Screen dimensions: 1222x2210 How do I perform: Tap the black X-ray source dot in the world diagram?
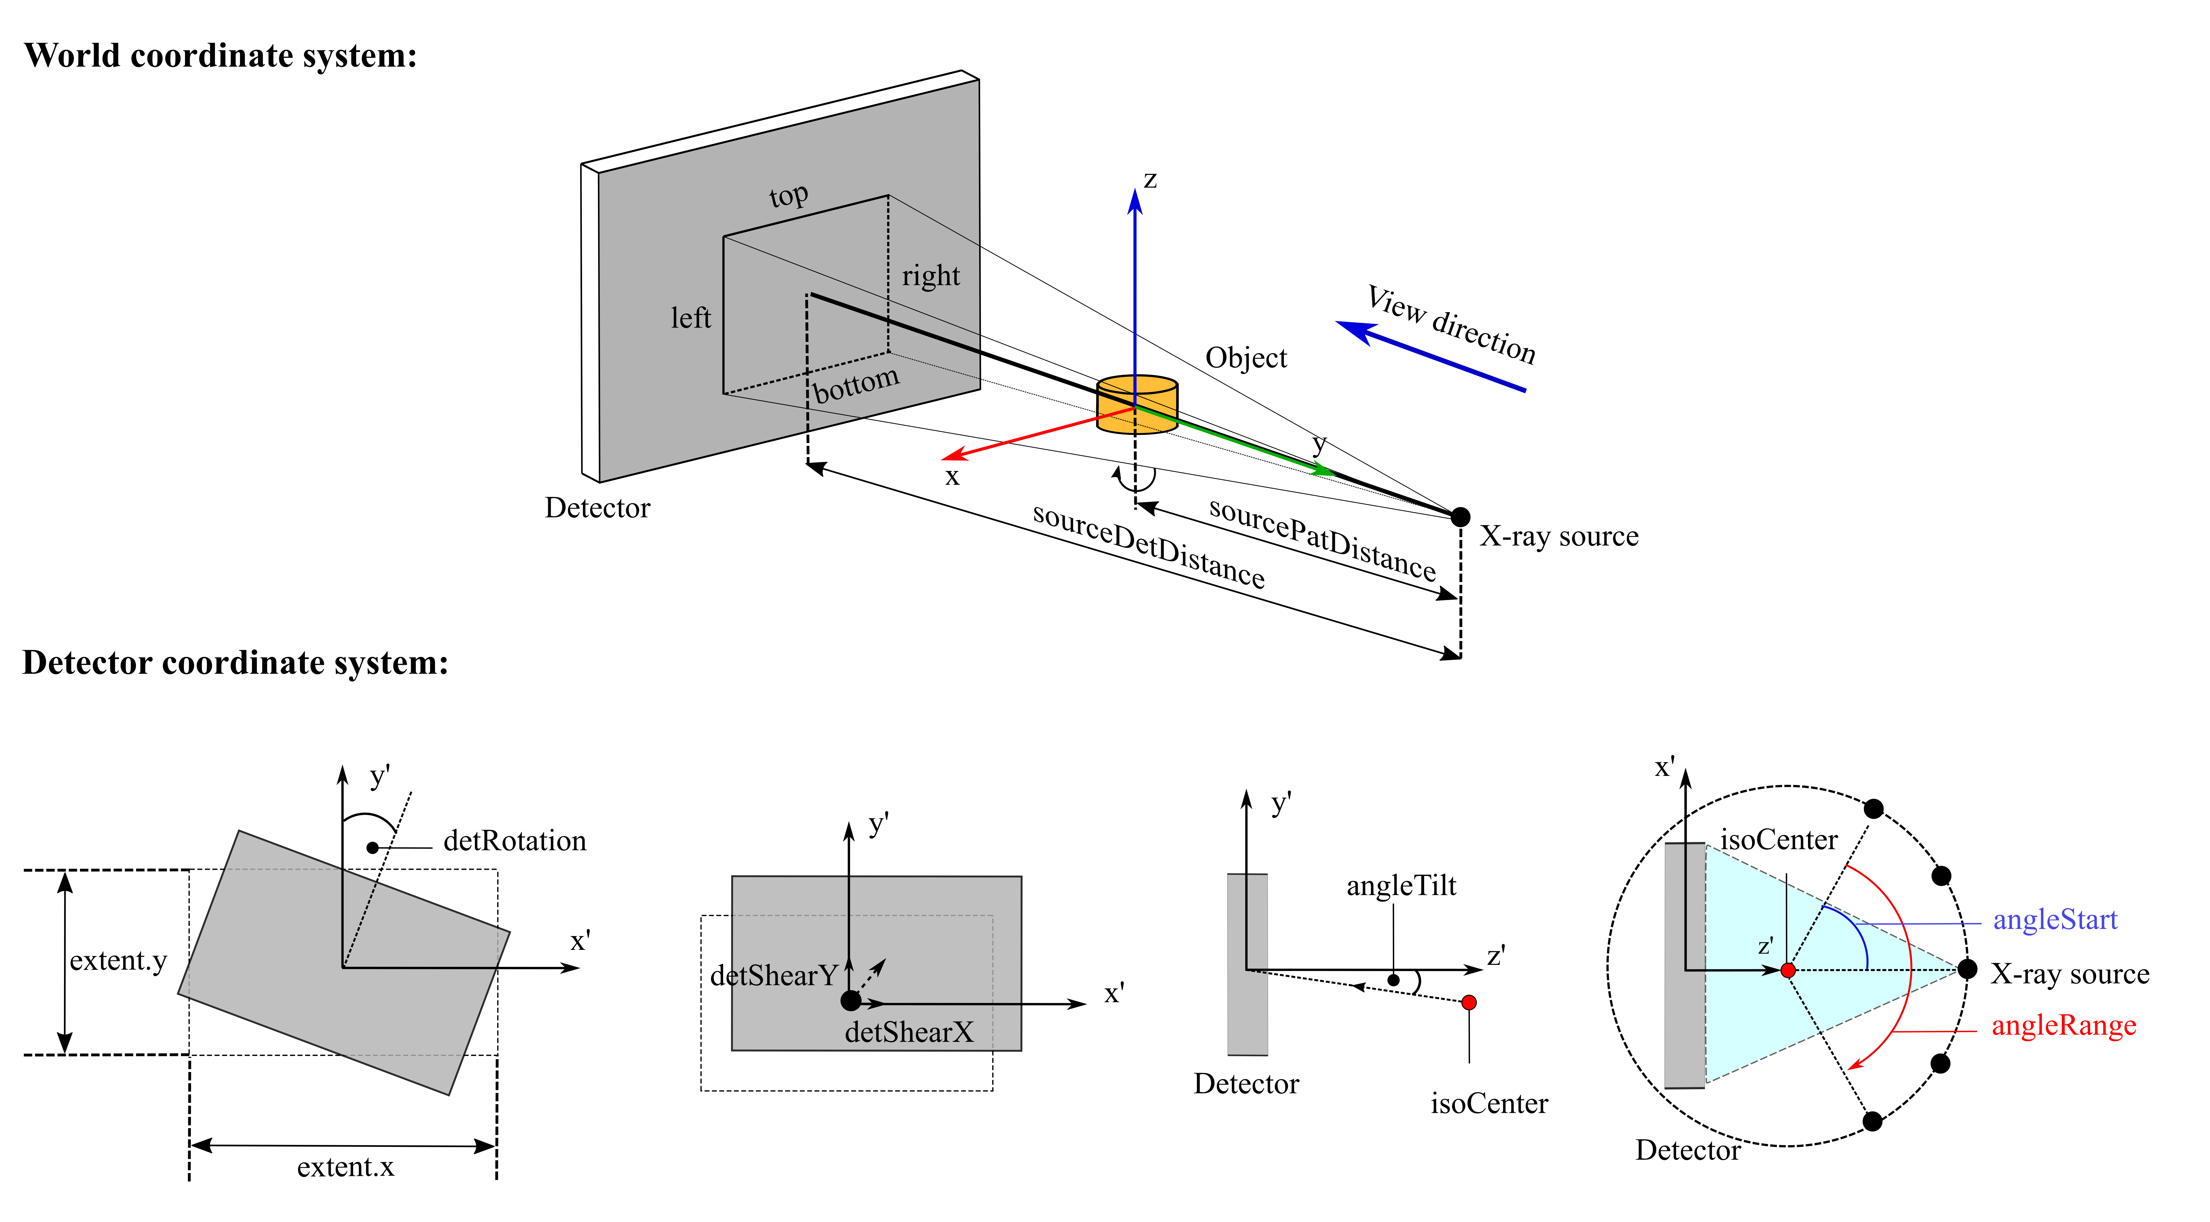tap(1460, 517)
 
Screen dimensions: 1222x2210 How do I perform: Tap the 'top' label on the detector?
tap(788, 196)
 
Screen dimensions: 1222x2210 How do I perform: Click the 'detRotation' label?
tap(515, 841)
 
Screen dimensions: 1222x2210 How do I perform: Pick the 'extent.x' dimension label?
tap(346, 1167)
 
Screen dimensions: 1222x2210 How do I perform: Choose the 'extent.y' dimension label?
tap(118, 960)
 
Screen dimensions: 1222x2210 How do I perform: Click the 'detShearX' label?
tap(910, 1032)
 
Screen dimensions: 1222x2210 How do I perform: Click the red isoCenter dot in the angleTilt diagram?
tap(1469, 1002)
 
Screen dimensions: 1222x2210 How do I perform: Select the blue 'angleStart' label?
tap(2055, 920)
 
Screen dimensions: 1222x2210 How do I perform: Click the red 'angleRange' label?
tap(2063, 1025)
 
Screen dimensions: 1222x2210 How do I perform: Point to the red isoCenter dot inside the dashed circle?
tap(1788, 971)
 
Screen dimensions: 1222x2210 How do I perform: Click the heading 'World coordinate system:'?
tap(221, 56)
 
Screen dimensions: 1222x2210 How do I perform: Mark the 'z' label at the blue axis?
tap(1151, 179)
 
